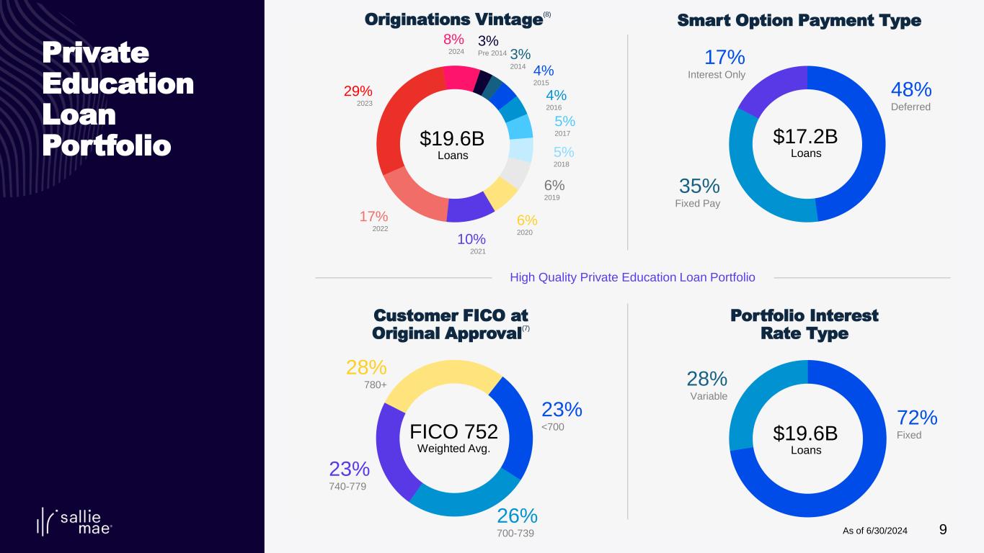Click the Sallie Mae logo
[x=74, y=521]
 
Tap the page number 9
[x=943, y=530]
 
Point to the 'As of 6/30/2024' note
[x=874, y=531]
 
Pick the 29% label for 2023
[x=358, y=91]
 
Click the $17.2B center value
[x=805, y=136]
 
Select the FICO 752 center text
[x=453, y=431]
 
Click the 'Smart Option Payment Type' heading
[x=799, y=21]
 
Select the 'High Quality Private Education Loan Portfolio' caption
[x=632, y=277]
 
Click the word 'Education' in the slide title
[x=118, y=84]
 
